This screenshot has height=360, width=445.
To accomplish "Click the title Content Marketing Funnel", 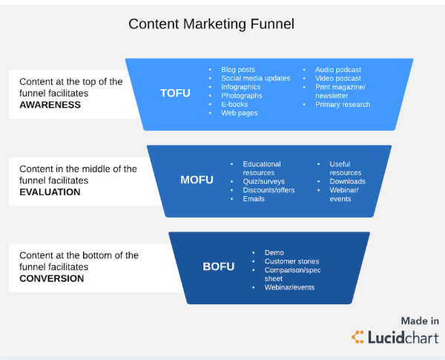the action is (211, 24).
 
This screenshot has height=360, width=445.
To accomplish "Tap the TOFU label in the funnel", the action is (175, 94).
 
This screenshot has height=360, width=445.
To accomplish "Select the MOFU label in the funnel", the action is (197, 180).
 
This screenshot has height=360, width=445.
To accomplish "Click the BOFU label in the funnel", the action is (219, 266).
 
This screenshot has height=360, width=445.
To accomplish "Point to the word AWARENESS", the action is (50, 105).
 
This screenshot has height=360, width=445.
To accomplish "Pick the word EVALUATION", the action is (50, 192).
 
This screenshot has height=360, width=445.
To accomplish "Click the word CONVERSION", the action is (52, 278).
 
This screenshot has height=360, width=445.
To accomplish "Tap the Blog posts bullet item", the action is (238, 70).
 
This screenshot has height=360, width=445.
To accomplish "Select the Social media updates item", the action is (256, 78).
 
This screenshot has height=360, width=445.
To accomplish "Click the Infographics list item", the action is (240, 87).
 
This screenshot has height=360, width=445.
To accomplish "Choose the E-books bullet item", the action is (234, 104).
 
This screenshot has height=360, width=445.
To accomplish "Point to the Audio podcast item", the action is (338, 70).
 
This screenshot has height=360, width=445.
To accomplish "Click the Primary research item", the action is (343, 104).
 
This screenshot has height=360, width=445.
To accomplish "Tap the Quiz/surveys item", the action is (263, 181).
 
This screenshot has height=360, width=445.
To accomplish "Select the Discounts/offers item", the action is (268, 190).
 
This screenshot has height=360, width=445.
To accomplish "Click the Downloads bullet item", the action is (347, 181).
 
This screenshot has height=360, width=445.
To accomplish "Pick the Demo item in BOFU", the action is (274, 252).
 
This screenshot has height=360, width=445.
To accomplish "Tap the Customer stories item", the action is (291, 261).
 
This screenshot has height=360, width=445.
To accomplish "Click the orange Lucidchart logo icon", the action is (357, 337).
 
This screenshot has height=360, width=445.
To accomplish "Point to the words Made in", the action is (420, 321).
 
